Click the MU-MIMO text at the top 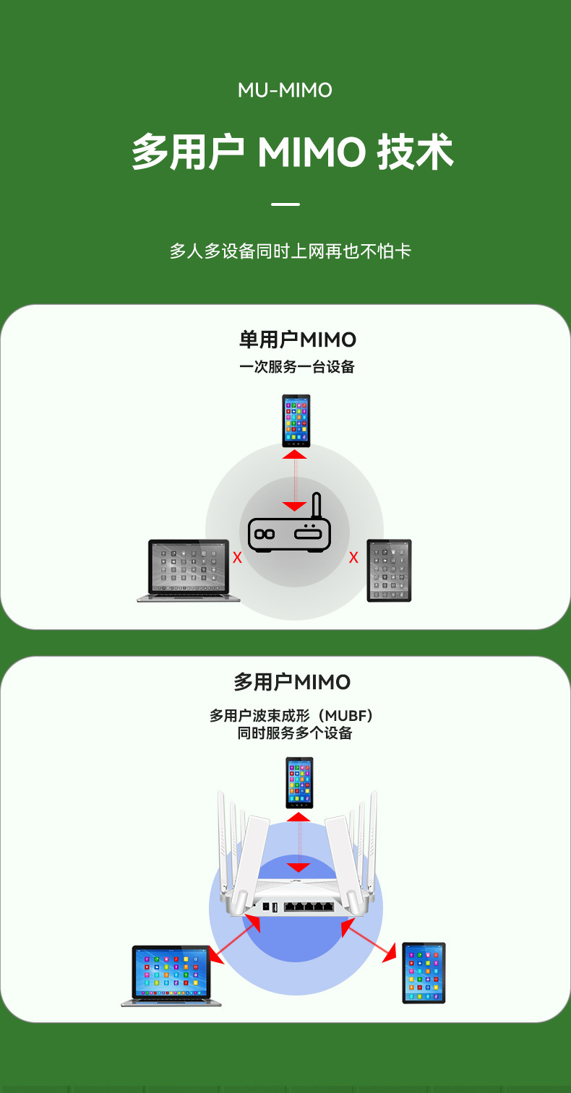click(x=285, y=90)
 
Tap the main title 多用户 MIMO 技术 click(x=292, y=152)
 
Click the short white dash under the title click(x=285, y=204)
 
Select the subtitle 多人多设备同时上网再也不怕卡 click(x=291, y=251)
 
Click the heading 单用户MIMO click(x=297, y=340)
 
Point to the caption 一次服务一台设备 click(x=297, y=367)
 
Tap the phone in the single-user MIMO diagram click(x=296, y=420)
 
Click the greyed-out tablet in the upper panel click(x=389, y=571)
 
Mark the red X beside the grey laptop click(x=236, y=558)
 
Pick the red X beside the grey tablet click(x=353, y=558)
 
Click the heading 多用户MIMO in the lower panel click(x=292, y=682)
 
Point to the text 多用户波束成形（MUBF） click(x=291, y=716)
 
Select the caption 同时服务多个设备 click(x=295, y=734)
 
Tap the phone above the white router click(x=299, y=782)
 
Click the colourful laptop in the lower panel click(x=172, y=975)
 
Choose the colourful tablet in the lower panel click(x=424, y=972)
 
